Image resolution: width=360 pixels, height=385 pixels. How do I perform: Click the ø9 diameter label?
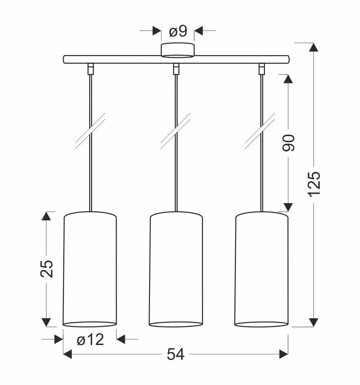(x=178, y=31)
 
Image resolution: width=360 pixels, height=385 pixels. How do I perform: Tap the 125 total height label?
(x=314, y=180)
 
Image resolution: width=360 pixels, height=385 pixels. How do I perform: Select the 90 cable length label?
(x=288, y=143)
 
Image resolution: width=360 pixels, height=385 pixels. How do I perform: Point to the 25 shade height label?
(x=47, y=269)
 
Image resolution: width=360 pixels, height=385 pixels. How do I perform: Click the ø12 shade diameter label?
(x=90, y=340)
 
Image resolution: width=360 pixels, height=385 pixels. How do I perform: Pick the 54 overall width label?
(x=176, y=354)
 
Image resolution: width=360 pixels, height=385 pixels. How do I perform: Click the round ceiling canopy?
(x=177, y=50)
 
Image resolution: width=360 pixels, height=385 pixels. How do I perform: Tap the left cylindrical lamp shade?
(x=90, y=269)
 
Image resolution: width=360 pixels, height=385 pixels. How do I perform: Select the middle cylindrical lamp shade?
(x=176, y=269)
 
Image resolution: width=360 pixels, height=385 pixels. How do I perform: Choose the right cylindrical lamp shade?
(x=261, y=269)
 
